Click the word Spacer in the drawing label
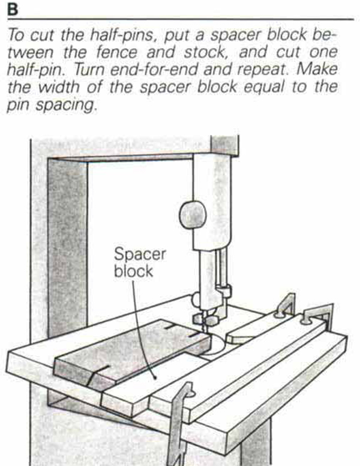click(x=139, y=254)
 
